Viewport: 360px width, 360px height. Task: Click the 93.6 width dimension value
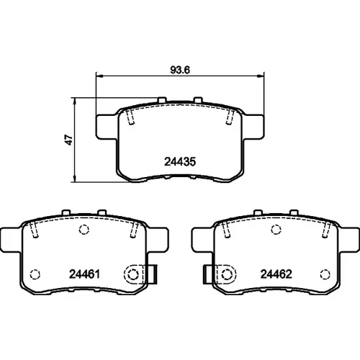tap(180, 70)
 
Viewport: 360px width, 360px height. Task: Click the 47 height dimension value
tap(69, 140)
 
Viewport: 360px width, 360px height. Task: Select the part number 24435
tap(180, 162)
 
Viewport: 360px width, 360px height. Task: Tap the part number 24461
tap(84, 274)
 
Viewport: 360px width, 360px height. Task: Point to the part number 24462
tap(276, 274)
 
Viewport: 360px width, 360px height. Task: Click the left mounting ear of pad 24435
tap(107, 127)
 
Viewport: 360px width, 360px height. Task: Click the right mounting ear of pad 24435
tap(253, 127)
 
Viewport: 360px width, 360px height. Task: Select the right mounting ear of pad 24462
tap(349, 240)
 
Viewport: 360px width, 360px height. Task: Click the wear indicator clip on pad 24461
tap(140, 274)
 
